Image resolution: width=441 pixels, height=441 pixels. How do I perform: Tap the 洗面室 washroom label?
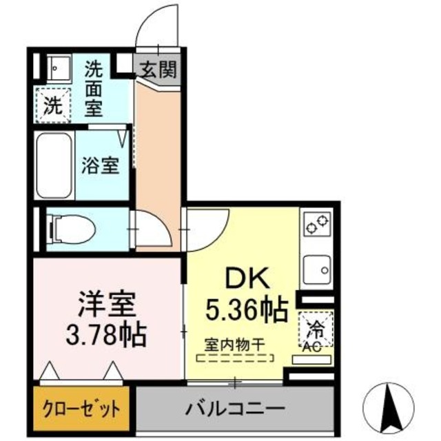click(x=94, y=88)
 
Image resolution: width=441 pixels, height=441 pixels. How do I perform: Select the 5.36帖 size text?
click(x=247, y=311)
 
